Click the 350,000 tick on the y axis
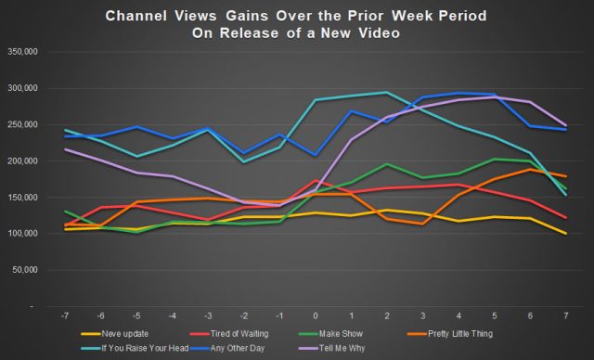(21, 52)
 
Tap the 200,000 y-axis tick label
(21, 161)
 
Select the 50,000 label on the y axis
(24, 269)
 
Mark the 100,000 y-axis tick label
(21, 233)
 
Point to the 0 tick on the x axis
(316, 315)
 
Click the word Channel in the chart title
(141, 17)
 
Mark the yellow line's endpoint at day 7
(565, 234)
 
